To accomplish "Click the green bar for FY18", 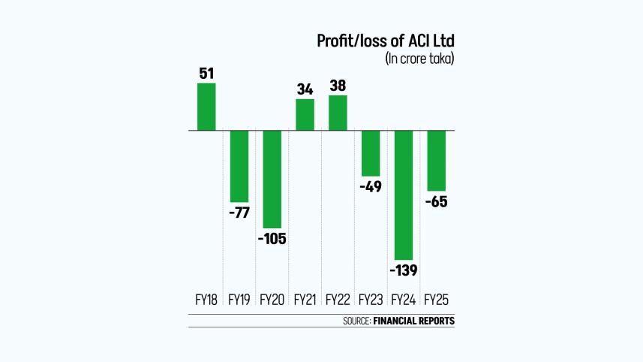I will point(206,107).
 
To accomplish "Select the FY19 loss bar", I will point(239,165).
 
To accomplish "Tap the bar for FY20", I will point(272,179).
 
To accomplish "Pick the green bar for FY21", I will point(305,115).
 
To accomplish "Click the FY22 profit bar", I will point(338,113).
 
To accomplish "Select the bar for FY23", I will point(371,153).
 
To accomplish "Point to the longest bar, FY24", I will point(404,195).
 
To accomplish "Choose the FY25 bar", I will point(436,161).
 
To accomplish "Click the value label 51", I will point(206,74).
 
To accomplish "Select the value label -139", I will point(404,270).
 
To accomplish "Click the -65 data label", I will point(436,202).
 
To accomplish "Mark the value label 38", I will point(338,86).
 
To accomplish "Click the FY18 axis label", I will point(206,300).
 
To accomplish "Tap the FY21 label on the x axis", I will point(305,300).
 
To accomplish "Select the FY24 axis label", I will point(404,300).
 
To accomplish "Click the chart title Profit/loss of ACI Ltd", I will point(386,41).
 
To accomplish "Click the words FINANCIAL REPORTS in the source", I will point(413,321).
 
